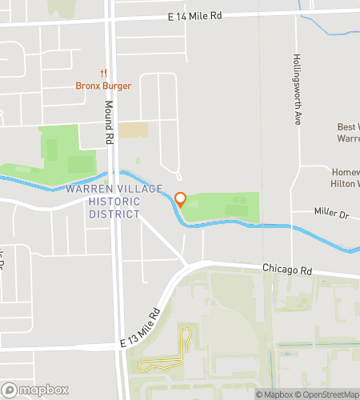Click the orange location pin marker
[181, 200]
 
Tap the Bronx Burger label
[103, 86]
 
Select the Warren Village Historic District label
[114, 202]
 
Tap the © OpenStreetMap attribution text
[328, 394]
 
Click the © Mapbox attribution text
[274, 394]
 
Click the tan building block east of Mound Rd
[133, 130]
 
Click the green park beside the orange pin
[228, 206]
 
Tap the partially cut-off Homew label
[346, 171]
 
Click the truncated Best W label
[348, 126]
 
